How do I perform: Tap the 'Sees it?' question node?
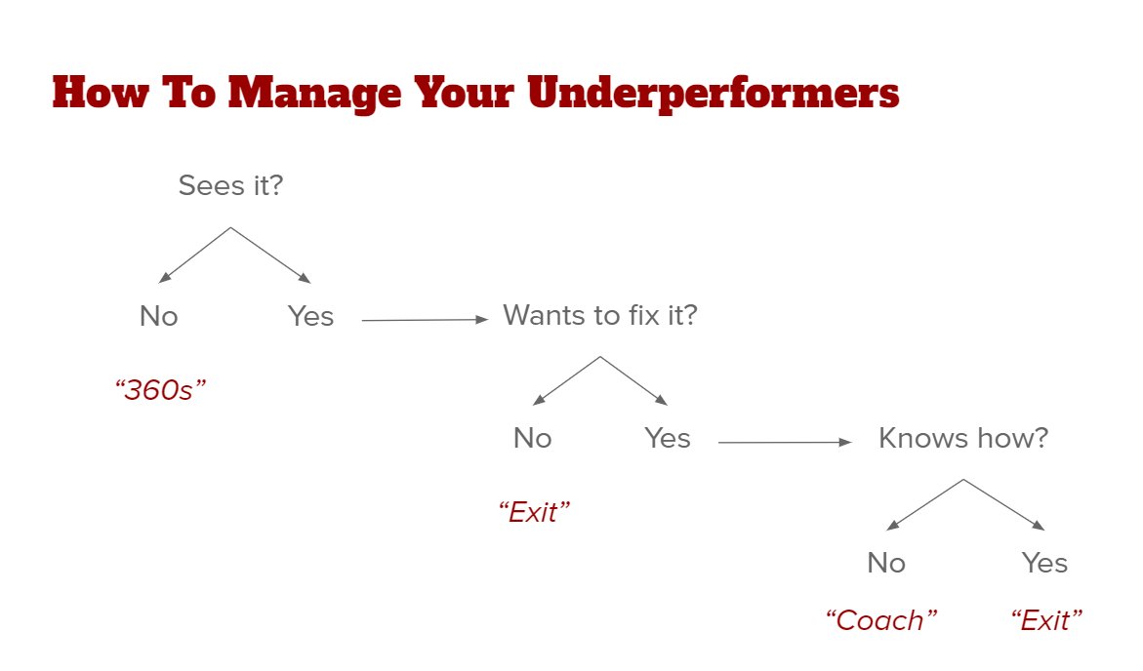[x=230, y=185]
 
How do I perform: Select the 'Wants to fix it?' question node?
[x=600, y=315]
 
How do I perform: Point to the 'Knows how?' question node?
[x=963, y=438]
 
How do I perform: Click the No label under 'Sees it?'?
[x=159, y=316]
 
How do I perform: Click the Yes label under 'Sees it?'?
[x=310, y=316]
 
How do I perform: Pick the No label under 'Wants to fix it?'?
[x=533, y=439]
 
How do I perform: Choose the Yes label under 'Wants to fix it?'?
[x=668, y=439]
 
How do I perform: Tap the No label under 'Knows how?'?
[x=886, y=563]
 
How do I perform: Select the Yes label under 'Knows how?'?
[x=1045, y=563]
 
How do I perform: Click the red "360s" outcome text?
[x=161, y=390]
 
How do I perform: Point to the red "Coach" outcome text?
[x=881, y=620]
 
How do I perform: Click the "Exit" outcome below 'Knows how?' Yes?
[x=1047, y=620]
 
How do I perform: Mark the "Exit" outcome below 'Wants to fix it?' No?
[x=534, y=512]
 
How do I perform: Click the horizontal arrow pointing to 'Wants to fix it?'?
[x=424, y=319]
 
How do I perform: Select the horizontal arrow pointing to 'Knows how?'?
[x=785, y=443]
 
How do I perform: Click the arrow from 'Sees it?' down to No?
[x=194, y=256]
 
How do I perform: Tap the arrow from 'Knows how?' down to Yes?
[x=1003, y=505]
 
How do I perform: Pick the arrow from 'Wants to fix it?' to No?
[x=566, y=381]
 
